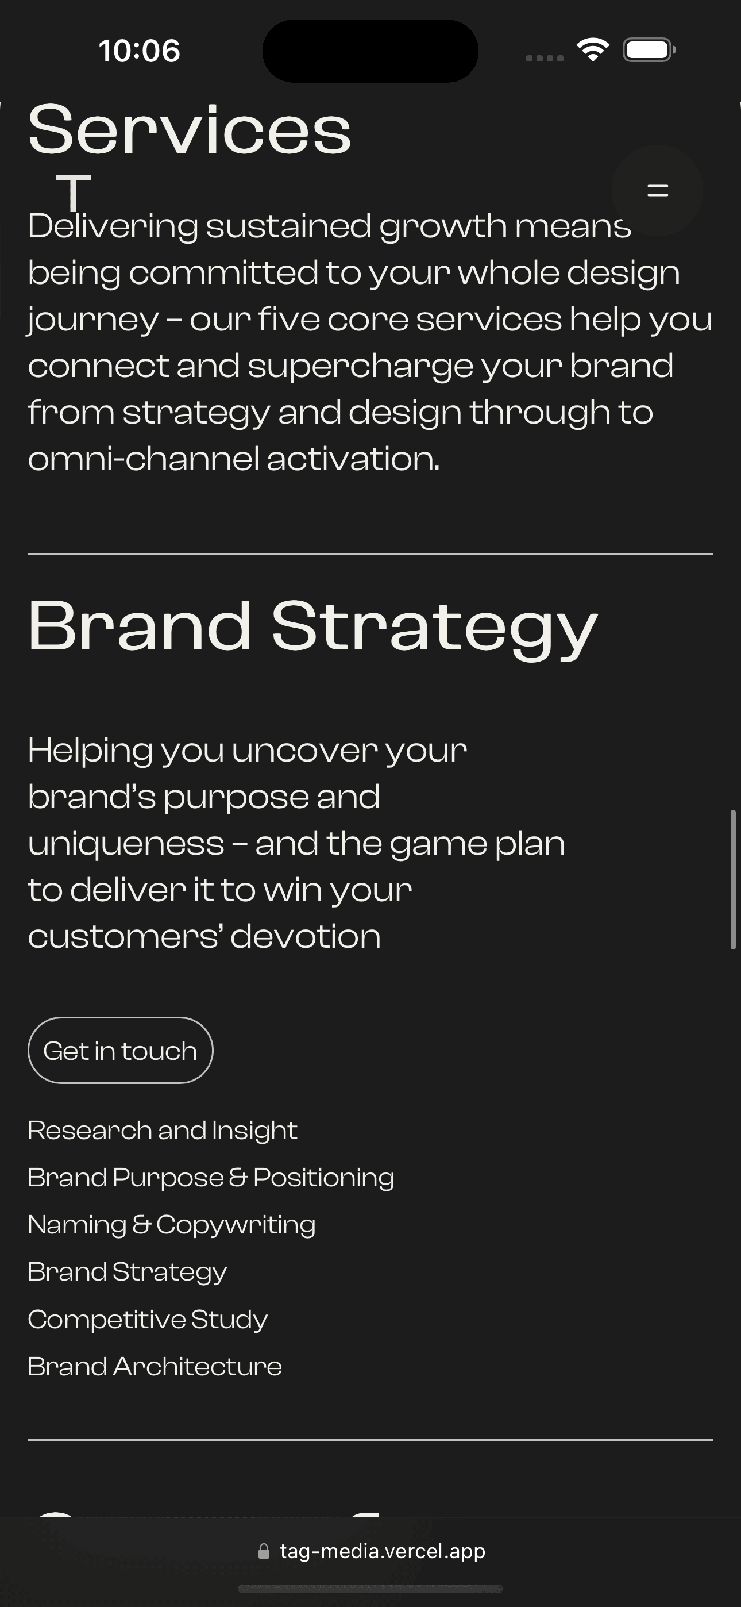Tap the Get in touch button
tap(121, 1051)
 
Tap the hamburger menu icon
tap(657, 190)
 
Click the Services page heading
tap(190, 129)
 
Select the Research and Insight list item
tap(162, 1131)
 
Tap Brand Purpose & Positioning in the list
tap(211, 1178)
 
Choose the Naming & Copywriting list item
tap(172, 1225)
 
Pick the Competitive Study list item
tap(148, 1320)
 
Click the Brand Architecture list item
tap(155, 1367)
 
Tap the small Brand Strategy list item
tap(128, 1272)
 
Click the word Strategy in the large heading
tap(434, 626)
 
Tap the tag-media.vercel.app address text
tap(383, 1551)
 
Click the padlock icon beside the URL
tap(264, 1551)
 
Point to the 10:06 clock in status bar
tap(139, 51)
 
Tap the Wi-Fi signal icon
tap(593, 50)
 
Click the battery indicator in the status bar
tap(649, 50)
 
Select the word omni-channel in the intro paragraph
tap(144, 459)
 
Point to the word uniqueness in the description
tap(126, 843)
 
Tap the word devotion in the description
tap(306, 936)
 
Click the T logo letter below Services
tap(74, 191)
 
